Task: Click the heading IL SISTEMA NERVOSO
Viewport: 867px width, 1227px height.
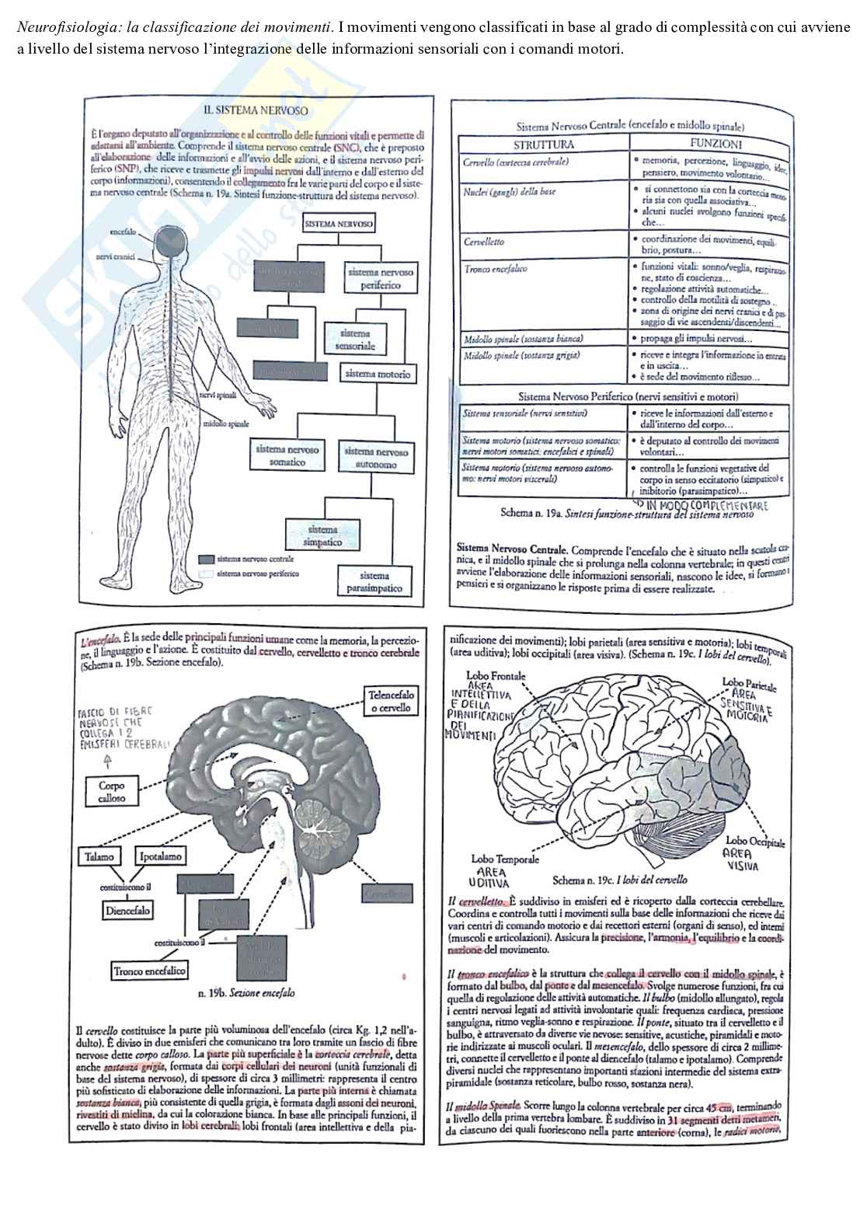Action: (x=255, y=111)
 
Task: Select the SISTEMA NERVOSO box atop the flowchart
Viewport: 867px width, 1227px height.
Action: (x=339, y=225)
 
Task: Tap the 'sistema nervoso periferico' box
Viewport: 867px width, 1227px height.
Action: (x=380, y=279)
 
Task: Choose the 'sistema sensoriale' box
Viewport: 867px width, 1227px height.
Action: (x=354, y=340)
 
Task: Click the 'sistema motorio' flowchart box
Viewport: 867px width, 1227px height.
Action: (x=378, y=374)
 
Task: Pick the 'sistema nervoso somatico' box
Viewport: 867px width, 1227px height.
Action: (x=287, y=455)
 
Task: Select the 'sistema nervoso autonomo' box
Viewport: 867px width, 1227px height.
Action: (x=375, y=458)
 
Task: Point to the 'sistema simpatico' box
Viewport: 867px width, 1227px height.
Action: (x=323, y=535)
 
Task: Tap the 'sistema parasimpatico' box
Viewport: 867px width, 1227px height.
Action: (x=374, y=582)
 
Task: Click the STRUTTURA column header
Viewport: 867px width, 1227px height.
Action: (x=544, y=145)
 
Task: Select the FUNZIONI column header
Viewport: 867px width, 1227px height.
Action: (x=715, y=144)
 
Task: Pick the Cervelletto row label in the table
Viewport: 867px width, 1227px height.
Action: (x=484, y=242)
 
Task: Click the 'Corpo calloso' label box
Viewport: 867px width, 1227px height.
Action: (x=111, y=791)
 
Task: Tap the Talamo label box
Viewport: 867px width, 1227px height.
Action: (x=99, y=856)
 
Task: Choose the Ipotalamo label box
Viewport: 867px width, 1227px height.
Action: (x=161, y=856)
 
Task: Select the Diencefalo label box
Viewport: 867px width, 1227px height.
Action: (x=127, y=910)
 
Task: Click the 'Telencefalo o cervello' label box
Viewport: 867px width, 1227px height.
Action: (x=392, y=701)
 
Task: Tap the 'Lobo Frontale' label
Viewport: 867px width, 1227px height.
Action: (x=496, y=675)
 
